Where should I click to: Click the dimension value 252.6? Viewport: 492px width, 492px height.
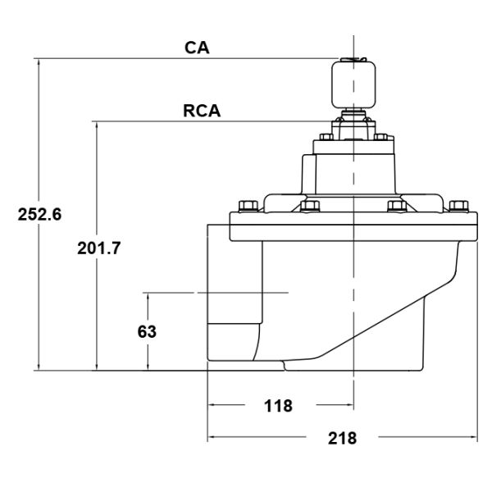[40, 215]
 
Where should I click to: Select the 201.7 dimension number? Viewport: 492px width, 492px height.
[99, 248]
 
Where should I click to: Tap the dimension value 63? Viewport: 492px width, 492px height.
[147, 332]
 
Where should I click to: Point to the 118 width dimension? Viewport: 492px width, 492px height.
[280, 405]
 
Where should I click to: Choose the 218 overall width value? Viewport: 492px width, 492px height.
[342, 438]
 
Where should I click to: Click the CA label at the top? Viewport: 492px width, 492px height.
[197, 48]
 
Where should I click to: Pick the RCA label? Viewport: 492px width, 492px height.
[203, 111]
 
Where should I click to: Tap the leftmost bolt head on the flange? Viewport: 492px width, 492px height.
[244, 206]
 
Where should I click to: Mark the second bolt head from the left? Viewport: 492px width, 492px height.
[310, 207]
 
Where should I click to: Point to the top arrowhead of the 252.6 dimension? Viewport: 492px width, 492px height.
[39, 62]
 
